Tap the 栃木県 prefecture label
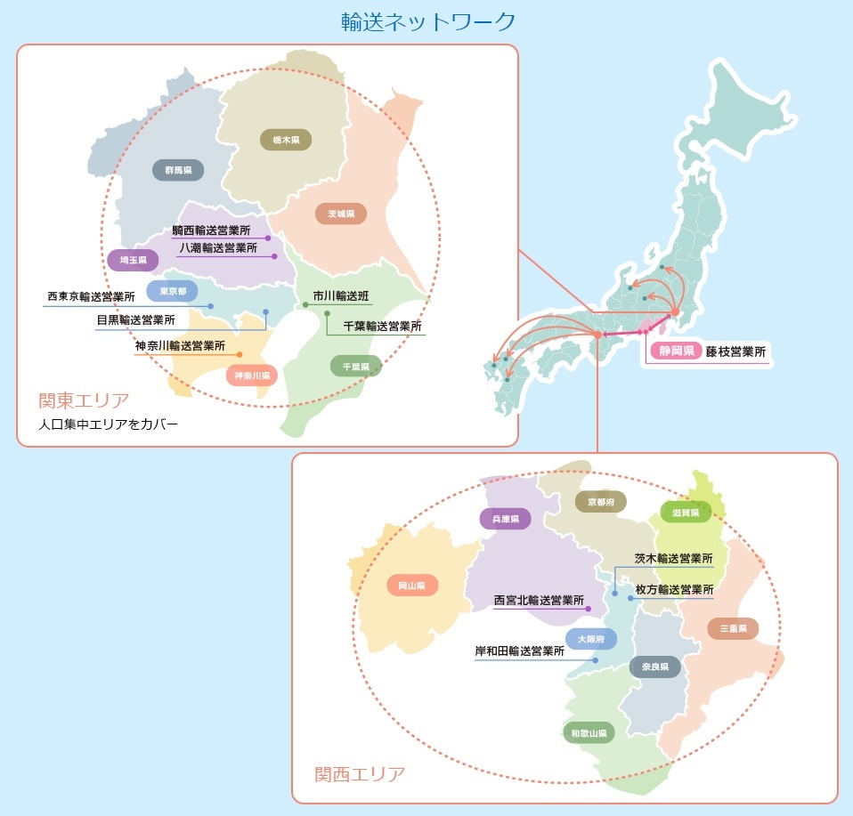(286, 140)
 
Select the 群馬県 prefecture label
(178, 170)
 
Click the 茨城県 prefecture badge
(340, 214)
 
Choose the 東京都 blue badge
(173, 291)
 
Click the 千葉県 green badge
(355, 366)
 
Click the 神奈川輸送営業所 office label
(180, 345)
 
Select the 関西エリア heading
(360, 772)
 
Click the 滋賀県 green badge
(686, 513)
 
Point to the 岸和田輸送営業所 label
(519, 650)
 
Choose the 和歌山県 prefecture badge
(589, 733)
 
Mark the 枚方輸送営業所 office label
(674, 589)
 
